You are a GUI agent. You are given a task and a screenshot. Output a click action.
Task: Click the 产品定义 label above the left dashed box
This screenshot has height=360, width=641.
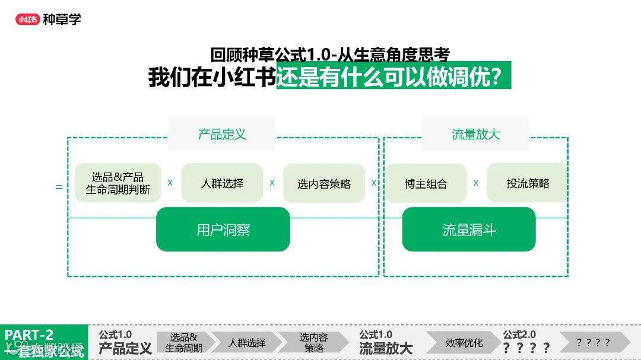tap(222, 134)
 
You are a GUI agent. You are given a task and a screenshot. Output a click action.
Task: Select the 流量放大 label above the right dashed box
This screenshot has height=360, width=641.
tap(475, 134)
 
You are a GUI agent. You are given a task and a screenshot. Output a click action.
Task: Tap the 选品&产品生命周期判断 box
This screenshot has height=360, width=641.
tap(118, 183)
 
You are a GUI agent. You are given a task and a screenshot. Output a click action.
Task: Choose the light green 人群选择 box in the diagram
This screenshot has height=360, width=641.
tap(222, 183)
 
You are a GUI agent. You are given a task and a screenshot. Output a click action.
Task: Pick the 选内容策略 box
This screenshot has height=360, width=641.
tap(323, 183)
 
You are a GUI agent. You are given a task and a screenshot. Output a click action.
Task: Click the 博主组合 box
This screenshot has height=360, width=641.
tap(426, 183)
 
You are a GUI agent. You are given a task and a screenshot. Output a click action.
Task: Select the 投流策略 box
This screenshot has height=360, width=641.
tap(528, 183)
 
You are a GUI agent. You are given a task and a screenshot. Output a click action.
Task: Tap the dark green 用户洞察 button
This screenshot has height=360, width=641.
tap(223, 230)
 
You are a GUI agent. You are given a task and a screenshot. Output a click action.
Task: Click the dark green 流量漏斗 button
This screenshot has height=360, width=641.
tap(469, 230)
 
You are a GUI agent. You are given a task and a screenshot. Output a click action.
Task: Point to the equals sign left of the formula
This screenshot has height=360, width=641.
tap(59, 187)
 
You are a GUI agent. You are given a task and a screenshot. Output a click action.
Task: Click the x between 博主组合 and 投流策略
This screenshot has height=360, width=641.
tap(476, 183)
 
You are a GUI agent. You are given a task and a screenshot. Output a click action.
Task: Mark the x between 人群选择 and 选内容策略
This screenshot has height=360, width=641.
tap(272, 183)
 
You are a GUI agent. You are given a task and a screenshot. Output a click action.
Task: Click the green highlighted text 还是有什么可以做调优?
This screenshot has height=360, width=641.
tap(393, 77)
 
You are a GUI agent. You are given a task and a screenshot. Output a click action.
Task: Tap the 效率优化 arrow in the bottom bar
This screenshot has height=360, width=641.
tap(464, 343)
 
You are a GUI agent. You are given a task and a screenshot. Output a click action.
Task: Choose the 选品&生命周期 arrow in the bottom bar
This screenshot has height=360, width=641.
tap(183, 343)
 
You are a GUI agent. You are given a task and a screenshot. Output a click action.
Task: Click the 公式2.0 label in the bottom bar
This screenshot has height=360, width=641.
tap(519, 334)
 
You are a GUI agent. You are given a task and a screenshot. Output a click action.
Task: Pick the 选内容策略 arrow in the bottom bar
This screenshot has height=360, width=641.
tap(313, 343)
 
